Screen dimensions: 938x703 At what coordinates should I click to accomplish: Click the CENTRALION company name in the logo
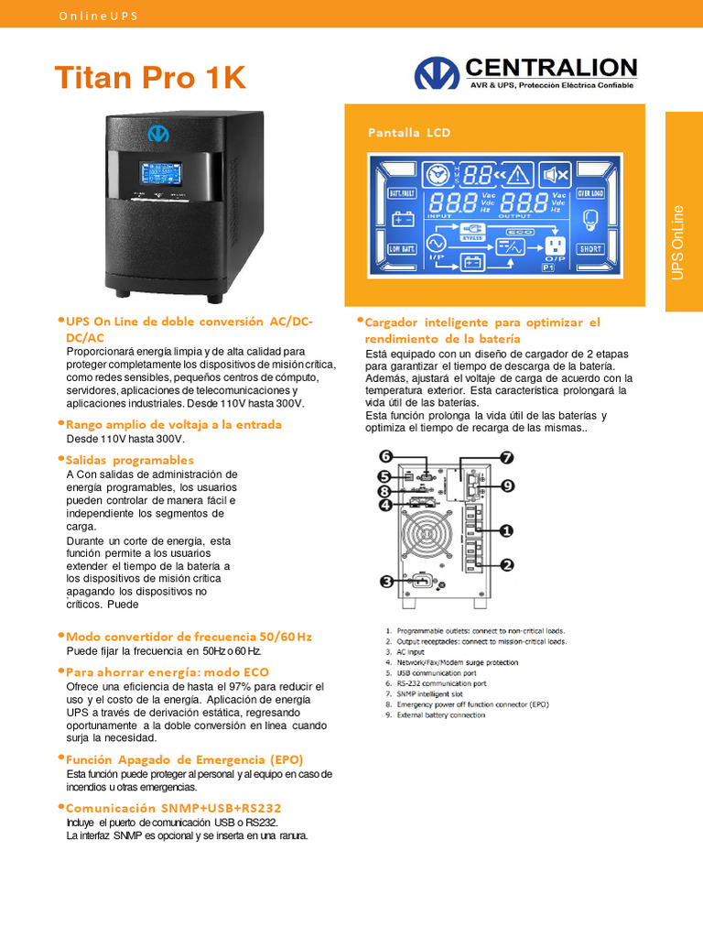point(551,67)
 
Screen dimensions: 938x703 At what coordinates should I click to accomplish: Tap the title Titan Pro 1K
point(150,78)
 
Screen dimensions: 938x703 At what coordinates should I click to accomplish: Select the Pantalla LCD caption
point(409,133)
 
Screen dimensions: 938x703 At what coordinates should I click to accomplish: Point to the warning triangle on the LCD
point(519,174)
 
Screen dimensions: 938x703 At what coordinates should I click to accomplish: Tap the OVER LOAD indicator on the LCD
point(589,194)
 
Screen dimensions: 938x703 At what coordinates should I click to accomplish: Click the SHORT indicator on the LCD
point(589,248)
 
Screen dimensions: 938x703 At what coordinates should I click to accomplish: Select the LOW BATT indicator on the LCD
point(403,248)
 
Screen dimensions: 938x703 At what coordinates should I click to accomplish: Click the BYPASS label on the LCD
point(472,236)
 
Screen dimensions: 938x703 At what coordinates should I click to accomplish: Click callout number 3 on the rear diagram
point(387,581)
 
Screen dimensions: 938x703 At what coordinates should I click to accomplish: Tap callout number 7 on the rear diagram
point(506,457)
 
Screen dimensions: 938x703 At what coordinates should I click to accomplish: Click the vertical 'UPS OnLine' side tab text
point(678,243)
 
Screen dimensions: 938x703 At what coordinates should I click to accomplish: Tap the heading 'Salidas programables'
point(130,460)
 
